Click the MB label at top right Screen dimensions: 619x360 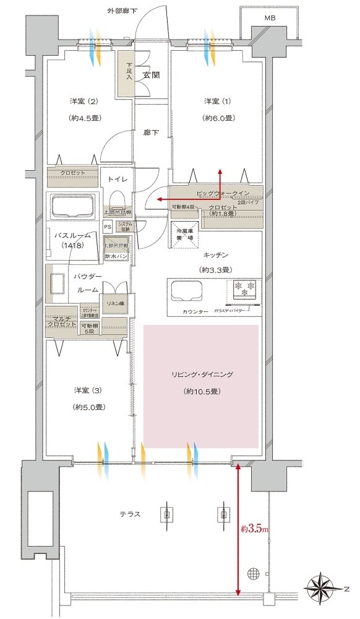[x=270, y=18]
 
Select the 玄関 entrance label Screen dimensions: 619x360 [x=152, y=76]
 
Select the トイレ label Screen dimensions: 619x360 [x=117, y=179]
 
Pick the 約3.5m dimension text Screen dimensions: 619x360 [x=254, y=530]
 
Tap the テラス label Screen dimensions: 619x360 [x=131, y=514]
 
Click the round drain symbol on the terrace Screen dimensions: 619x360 [x=253, y=573]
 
